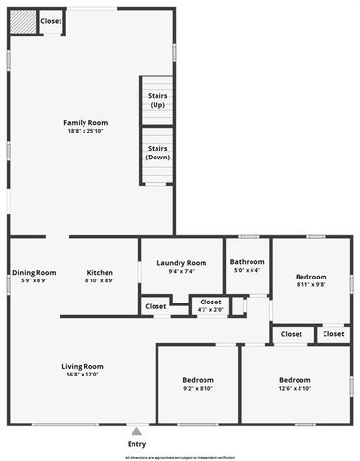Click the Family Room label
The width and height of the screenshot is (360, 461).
point(85,122)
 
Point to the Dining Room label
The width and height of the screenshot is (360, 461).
point(34,272)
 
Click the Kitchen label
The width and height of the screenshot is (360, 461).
point(100,272)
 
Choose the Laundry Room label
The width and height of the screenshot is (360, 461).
point(181,263)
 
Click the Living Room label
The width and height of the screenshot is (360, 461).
point(84,366)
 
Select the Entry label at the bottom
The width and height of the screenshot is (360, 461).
point(136,444)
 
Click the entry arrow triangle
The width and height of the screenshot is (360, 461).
point(136,431)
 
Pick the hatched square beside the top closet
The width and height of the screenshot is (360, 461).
point(23,21)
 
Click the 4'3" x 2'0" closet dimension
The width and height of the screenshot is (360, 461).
point(210,310)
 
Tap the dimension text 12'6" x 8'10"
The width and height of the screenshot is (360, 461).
point(295,388)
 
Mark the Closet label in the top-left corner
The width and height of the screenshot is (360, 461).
point(52,21)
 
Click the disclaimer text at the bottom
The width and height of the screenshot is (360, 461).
point(180,458)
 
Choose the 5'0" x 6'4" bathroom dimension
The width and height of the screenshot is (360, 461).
point(247,270)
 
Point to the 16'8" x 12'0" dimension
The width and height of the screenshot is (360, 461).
point(84,375)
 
